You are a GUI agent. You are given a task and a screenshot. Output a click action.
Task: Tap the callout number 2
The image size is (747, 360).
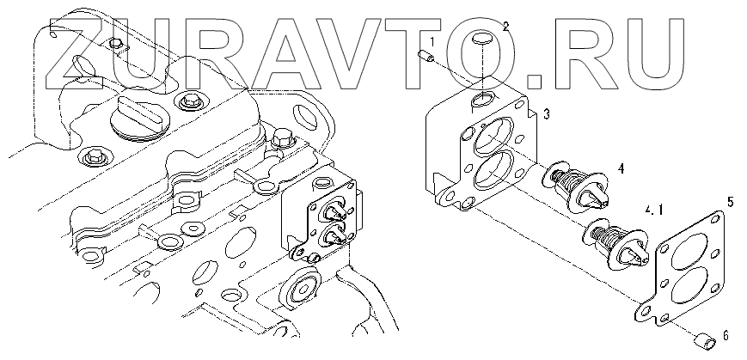tap(506, 26)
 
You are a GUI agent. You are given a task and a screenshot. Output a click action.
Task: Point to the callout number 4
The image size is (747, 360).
tap(621, 168)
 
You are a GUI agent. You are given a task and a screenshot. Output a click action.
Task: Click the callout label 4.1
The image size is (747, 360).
tap(653, 210)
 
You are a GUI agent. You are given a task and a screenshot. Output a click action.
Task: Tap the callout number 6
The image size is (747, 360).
tap(726, 336)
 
